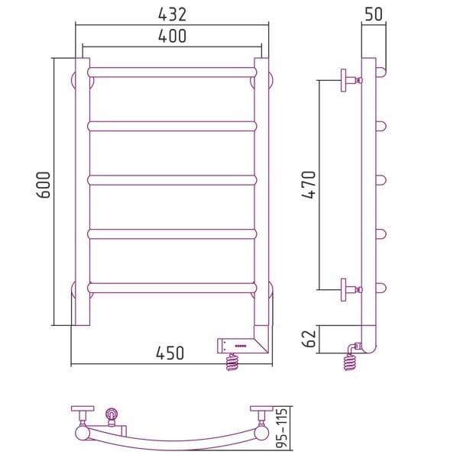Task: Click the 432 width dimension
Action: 172,15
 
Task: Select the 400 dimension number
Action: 172,36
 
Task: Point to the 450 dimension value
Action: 170,353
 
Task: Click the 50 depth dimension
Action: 374,14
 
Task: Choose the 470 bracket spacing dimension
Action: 309,185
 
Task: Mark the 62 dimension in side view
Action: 309,339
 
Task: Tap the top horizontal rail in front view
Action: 172,73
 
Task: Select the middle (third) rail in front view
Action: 172,180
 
